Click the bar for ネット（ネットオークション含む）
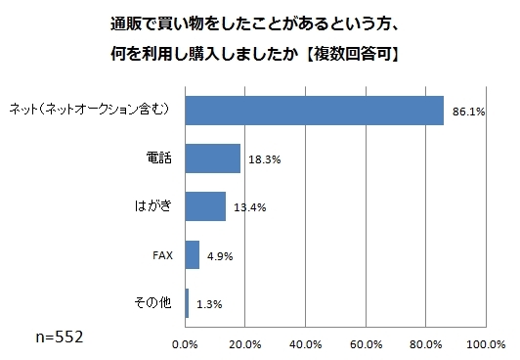click(x=313, y=110)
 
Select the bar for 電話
click(x=212, y=157)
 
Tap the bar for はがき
click(x=205, y=206)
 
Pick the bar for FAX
click(x=192, y=255)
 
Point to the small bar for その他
click(x=187, y=303)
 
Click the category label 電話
click(x=158, y=157)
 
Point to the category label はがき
click(x=153, y=206)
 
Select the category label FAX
click(x=162, y=255)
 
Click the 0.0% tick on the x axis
click(x=185, y=343)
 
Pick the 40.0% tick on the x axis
click(x=306, y=343)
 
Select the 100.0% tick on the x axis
click(x=486, y=343)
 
